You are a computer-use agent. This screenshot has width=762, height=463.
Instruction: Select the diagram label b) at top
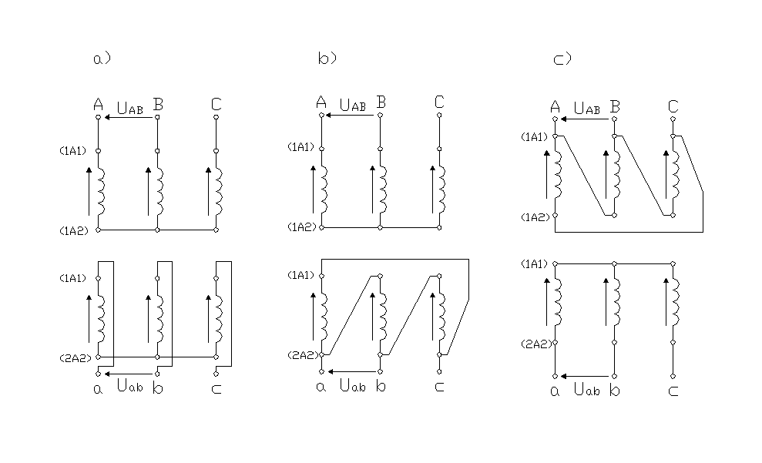327,58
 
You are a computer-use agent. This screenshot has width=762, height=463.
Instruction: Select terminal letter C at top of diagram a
217,105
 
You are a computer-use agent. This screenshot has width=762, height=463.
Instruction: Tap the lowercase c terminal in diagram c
673,391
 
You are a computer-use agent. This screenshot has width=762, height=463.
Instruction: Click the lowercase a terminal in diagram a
98,389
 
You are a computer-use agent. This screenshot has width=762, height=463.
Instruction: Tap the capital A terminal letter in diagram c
555,107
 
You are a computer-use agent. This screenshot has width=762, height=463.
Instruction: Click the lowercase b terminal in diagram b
381,386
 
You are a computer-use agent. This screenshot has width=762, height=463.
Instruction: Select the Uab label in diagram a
129,386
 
